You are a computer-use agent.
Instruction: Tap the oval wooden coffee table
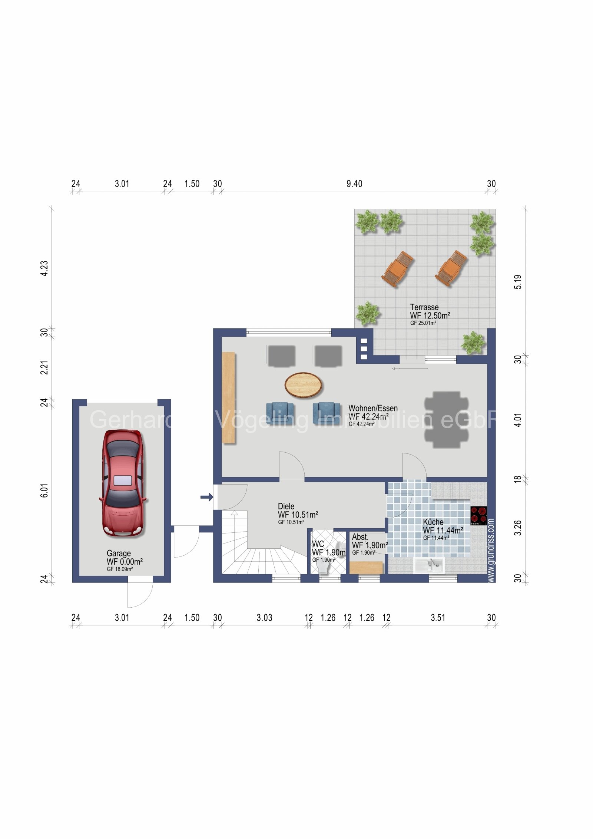(x=303, y=385)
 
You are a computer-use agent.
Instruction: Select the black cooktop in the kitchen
(x=478, y=516)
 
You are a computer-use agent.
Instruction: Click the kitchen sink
(x=429, y=565)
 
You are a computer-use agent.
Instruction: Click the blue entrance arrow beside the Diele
(x=206, y=497)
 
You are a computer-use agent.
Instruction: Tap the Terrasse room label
(x=424, y=307)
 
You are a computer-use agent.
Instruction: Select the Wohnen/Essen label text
(x=373, y=408)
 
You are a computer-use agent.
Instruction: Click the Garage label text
(x=119, y=554)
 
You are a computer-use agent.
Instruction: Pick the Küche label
(x=433, y=522)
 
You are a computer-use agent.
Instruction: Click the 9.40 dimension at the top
(x=354, y=184)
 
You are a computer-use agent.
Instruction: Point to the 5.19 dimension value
(x=518, y=282)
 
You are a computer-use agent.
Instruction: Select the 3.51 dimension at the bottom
(x=438, y=618)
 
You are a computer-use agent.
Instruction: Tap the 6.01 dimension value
(x=44, y=490)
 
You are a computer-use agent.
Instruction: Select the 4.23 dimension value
(x=44, y=268)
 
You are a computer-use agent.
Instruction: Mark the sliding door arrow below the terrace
(x=410, y=369)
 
